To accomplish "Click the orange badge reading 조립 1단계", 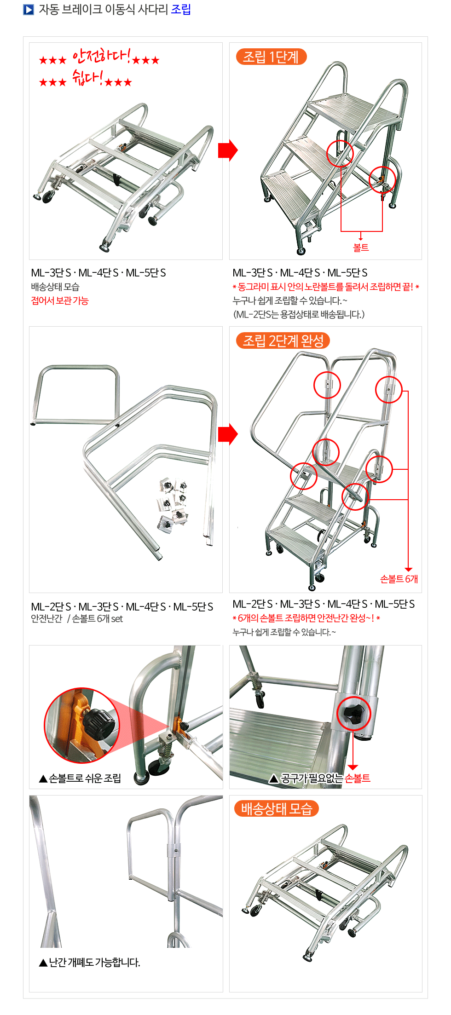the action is (271, 57).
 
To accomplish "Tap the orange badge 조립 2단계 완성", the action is (283, 340).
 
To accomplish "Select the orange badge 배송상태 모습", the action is (277, 808).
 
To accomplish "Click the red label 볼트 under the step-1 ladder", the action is (361, 248).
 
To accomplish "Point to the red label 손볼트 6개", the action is (399, 579).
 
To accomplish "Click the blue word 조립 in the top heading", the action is (181, 10).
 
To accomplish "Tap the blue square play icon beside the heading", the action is (29, 10).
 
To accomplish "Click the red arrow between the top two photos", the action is (228, 150).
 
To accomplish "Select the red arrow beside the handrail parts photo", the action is (228, 434).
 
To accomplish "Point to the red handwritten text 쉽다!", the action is (87, 77).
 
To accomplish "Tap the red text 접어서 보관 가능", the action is (60, 301).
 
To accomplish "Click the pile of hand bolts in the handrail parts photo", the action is (173, 505).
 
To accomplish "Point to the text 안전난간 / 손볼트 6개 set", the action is (77, 619).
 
